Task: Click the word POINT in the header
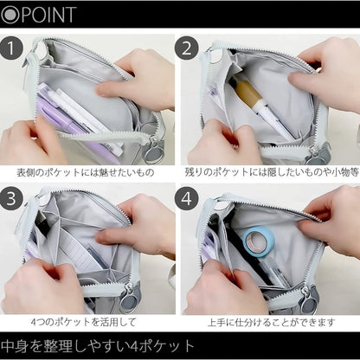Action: (x=51, y=14)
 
